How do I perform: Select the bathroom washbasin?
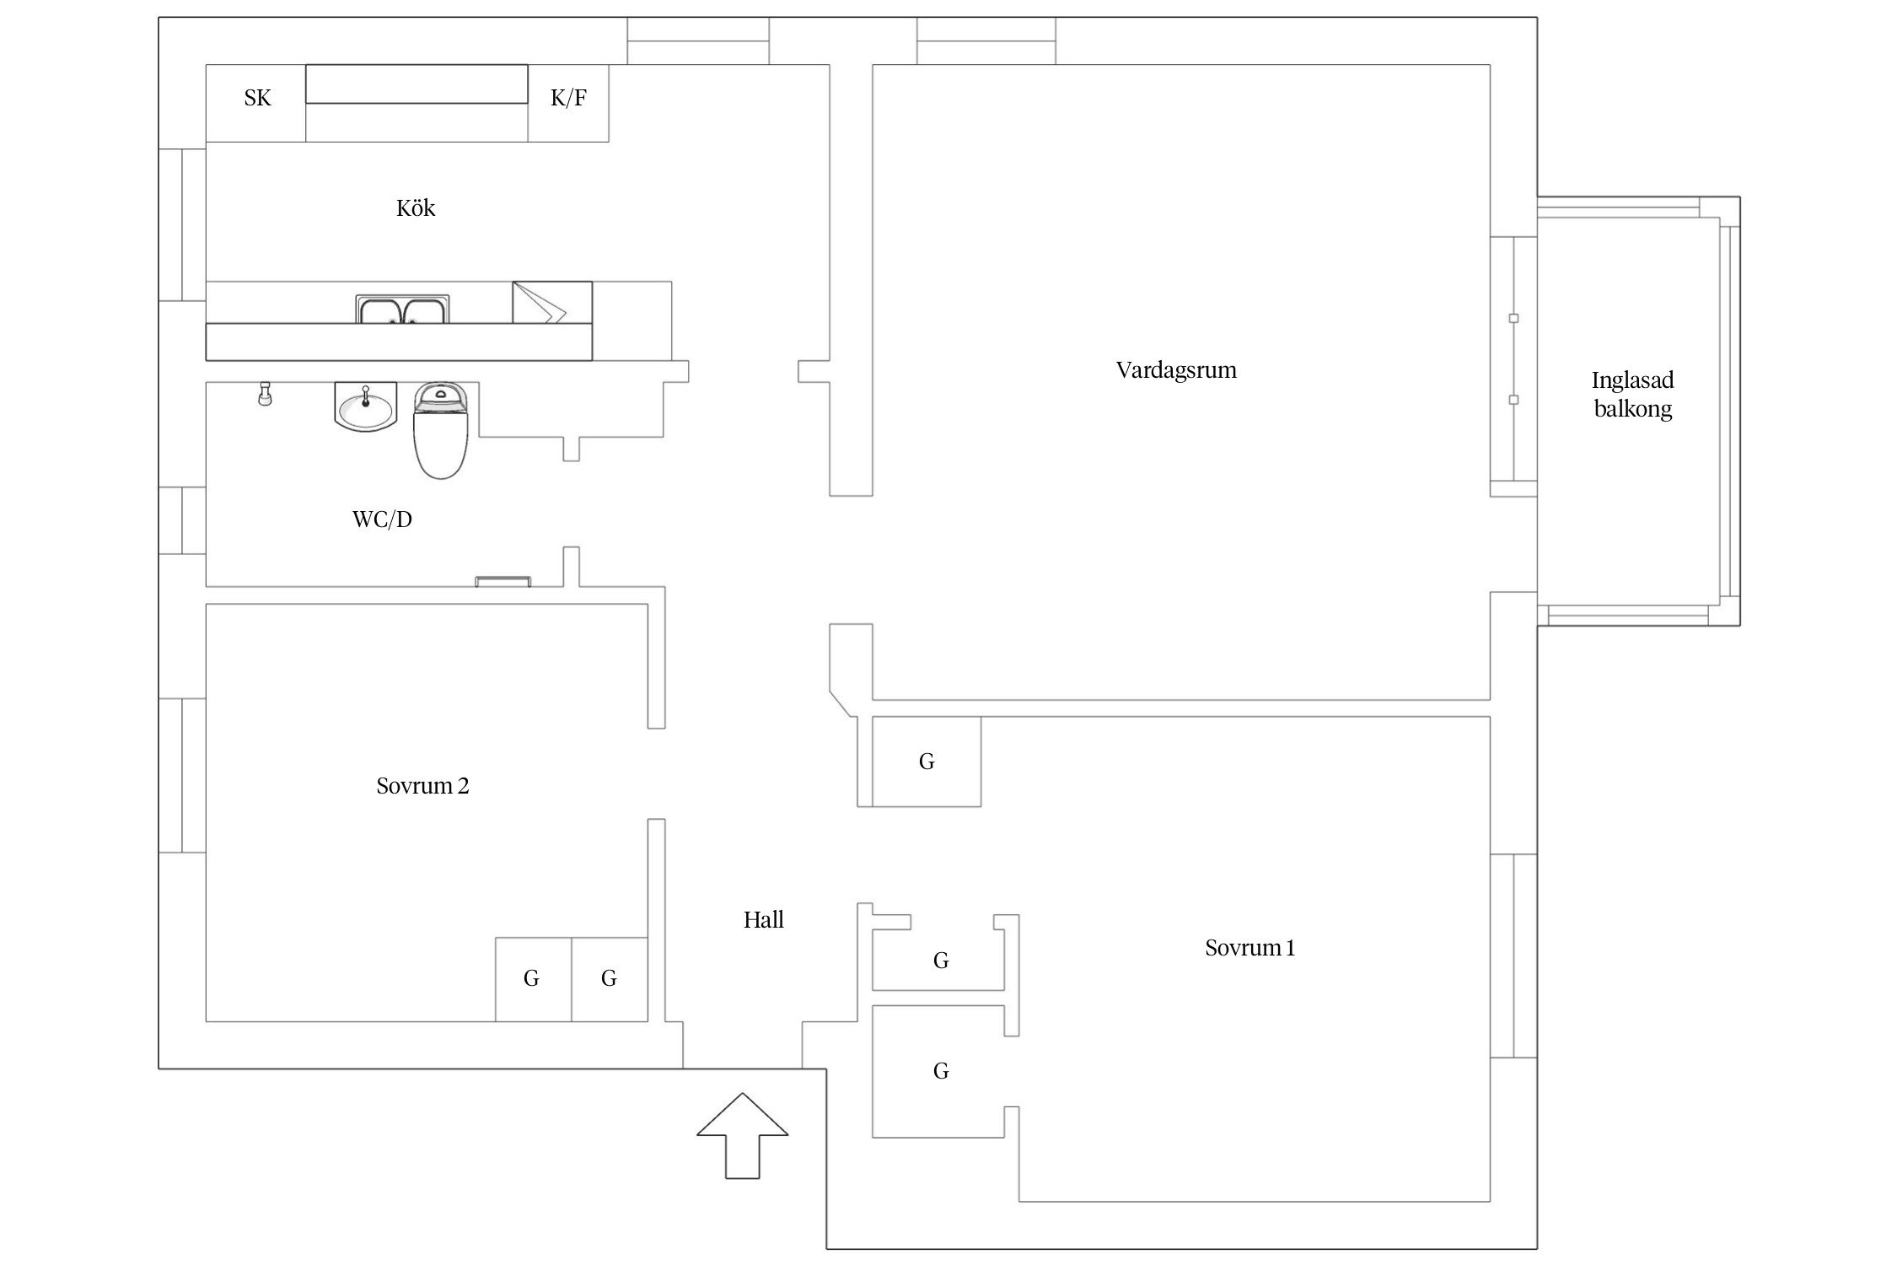coord(365,406)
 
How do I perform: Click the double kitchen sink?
coord(402,310)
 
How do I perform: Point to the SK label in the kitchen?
coord(257,99)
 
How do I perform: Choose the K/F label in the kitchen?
coord(568,99)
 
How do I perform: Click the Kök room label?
coord(416,208)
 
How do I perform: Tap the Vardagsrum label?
coord(1176,370)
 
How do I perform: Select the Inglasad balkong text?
coord(1632,395)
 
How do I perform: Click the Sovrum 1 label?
coord(1249,948)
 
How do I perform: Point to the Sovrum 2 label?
coord(422,786)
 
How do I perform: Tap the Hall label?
coord(763,920)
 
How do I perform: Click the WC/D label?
coord(382,519)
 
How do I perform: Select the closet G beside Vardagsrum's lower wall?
coord(927,762)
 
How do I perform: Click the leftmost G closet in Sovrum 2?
coord(531,978)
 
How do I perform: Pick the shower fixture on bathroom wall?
coord(265,394)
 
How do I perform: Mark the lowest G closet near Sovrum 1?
coord(941,1071)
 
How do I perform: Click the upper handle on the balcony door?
coord(1513,319)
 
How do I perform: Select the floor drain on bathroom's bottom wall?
coord(502,581)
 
